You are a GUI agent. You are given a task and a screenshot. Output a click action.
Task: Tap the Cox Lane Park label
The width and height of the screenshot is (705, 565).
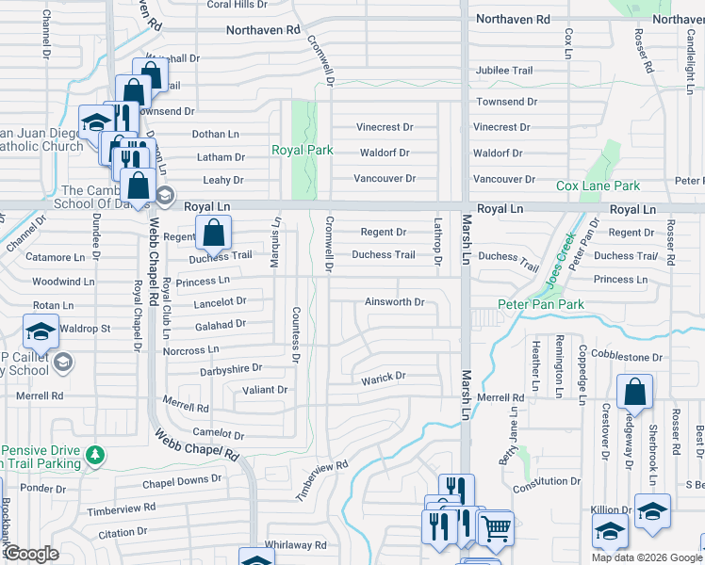(x=598, y=186)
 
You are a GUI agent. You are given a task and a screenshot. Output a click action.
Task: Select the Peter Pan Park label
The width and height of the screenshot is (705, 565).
(x=541, y=304)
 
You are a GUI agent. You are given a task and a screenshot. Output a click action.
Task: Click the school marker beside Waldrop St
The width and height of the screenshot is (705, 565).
(x=41, y=332)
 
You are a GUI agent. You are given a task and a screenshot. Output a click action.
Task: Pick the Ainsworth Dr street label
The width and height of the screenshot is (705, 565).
(x=395, y=302)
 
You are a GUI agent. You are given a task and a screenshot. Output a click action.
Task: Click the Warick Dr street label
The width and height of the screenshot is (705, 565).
(x=383, y=377)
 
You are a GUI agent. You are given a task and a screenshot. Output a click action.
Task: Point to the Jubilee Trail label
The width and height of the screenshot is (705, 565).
(x=504, y=71)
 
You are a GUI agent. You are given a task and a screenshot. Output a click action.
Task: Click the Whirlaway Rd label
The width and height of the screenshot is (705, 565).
(x=295, y=545)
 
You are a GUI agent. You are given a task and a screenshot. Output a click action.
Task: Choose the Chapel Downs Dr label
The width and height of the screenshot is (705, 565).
(x=181, y=479)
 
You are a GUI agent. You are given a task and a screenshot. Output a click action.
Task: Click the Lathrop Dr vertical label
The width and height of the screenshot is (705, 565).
(x=437, y=241)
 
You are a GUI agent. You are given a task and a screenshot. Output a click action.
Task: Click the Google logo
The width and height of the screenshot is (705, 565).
(x=30, y=554)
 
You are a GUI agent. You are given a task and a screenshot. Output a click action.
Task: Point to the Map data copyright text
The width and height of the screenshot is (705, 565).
(x=644, y=557)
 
